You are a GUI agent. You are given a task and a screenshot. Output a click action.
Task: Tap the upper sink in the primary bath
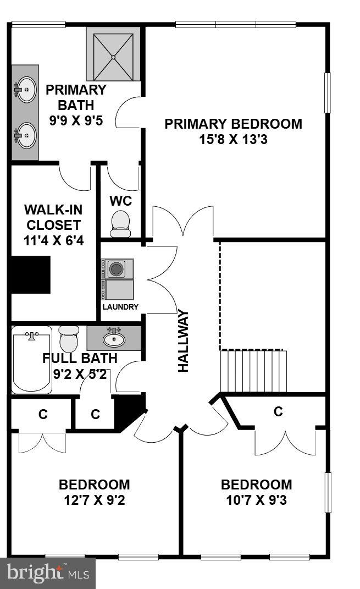(25, 89)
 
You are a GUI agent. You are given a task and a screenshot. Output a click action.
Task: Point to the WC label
(120, 201)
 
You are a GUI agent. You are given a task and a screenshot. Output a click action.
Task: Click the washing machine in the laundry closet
(117, 269)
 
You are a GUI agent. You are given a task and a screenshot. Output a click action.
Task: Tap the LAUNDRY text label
(120, 307)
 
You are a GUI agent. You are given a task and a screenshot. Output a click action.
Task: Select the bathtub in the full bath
(32, 360)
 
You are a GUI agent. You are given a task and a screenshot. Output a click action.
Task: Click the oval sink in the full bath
(114, 339)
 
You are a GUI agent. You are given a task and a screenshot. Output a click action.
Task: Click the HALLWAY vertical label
(184, 342)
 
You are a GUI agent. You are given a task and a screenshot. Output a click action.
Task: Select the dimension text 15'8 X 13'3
(233, 139)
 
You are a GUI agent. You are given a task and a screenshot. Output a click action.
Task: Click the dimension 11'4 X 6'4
(53, 240)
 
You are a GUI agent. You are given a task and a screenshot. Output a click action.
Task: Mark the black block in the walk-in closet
(31, 274)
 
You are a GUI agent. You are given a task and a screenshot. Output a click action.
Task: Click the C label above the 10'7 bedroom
(278, 411)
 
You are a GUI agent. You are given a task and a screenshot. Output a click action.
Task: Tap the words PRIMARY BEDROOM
(233, 124)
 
